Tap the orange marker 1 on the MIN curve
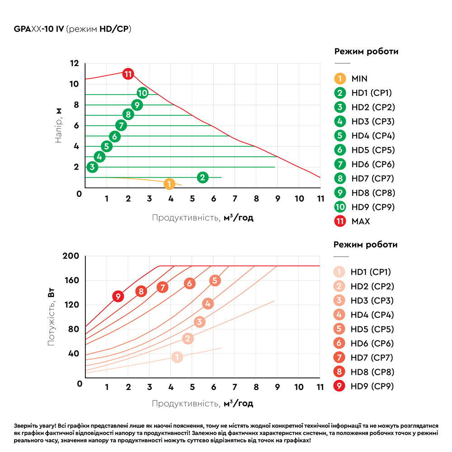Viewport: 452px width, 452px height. click(169, 184)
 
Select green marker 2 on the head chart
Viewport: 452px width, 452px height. click(202, 177)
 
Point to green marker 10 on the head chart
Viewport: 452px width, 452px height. click(142, 94)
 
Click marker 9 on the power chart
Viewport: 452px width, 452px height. click(118, 297)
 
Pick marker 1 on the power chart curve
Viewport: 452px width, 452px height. click(177, 357)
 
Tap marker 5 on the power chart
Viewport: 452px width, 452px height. click(215, 281)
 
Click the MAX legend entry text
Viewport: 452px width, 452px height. click(360, 221)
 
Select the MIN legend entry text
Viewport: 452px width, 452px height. click(359, 79)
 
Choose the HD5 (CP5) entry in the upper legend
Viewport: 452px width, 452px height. click(373, 150)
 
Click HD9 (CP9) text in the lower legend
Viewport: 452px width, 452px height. click(372, 386)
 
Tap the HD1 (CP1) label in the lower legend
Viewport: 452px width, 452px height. click(371, 272)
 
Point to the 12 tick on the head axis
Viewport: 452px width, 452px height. click(74, 63)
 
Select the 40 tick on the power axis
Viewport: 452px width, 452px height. click(74, 353)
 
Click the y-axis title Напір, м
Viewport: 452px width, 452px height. click(59, 126)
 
